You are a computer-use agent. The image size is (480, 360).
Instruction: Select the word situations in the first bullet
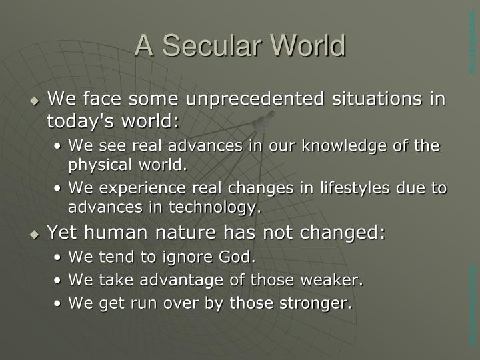383,100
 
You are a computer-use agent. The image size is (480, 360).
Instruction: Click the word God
239,257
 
